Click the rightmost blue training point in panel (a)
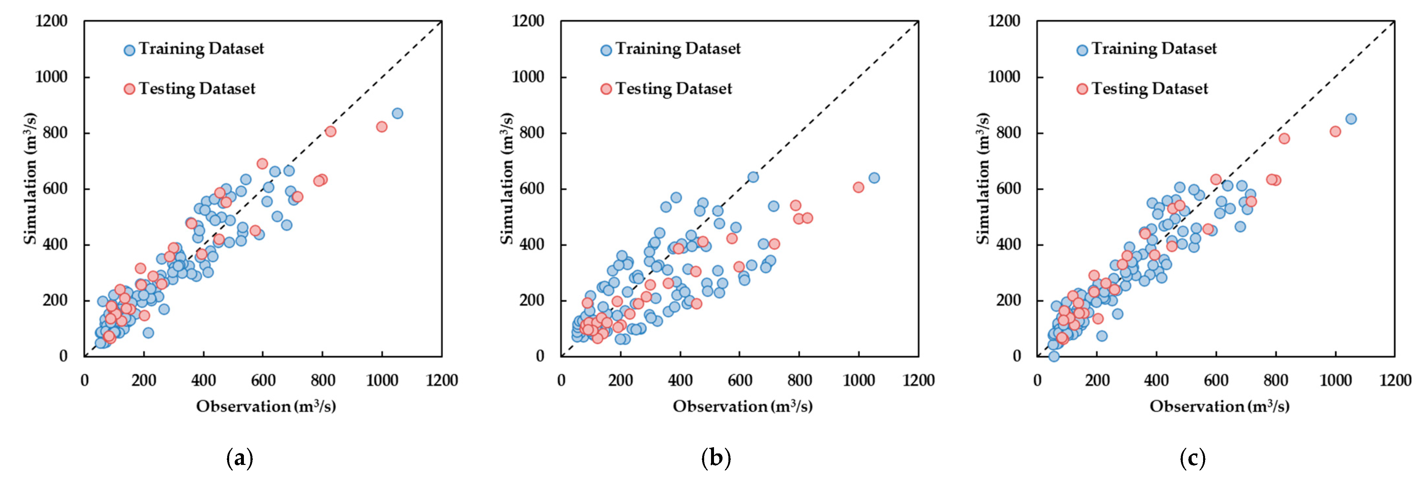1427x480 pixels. (x=397, y=114)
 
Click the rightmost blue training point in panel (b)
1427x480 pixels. (x=874, y=178)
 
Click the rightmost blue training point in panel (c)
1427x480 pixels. (x=1351, y=119)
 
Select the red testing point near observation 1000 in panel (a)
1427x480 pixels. (x=382, y=127)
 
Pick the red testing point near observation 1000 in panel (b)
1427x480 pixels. (x=858, y=187)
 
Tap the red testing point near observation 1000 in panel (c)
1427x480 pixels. (x=1335, y=131)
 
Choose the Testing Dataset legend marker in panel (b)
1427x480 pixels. (x=606, y=89)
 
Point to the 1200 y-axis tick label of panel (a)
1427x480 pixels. (x=51, y=21)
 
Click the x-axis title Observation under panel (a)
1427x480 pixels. (x=243, y=406)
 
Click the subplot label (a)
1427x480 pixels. (x=240, y=459)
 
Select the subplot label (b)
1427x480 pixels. (x=716, y=459)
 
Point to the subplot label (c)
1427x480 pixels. (x=1193, y=459)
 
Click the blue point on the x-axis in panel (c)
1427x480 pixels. (x=1054, y=356)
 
